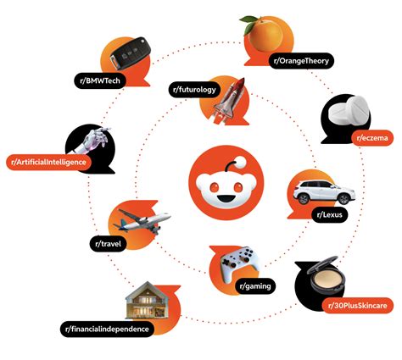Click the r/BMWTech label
100,80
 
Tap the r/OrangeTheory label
301,61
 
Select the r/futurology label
194,90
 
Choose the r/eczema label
372,138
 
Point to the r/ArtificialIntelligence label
48,163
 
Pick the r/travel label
109,244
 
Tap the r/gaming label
255,286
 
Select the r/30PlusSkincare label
358,305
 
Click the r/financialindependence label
107,329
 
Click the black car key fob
130,53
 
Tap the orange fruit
263,33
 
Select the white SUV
324,192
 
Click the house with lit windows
147,301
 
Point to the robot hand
96,139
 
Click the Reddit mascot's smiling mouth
226,198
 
